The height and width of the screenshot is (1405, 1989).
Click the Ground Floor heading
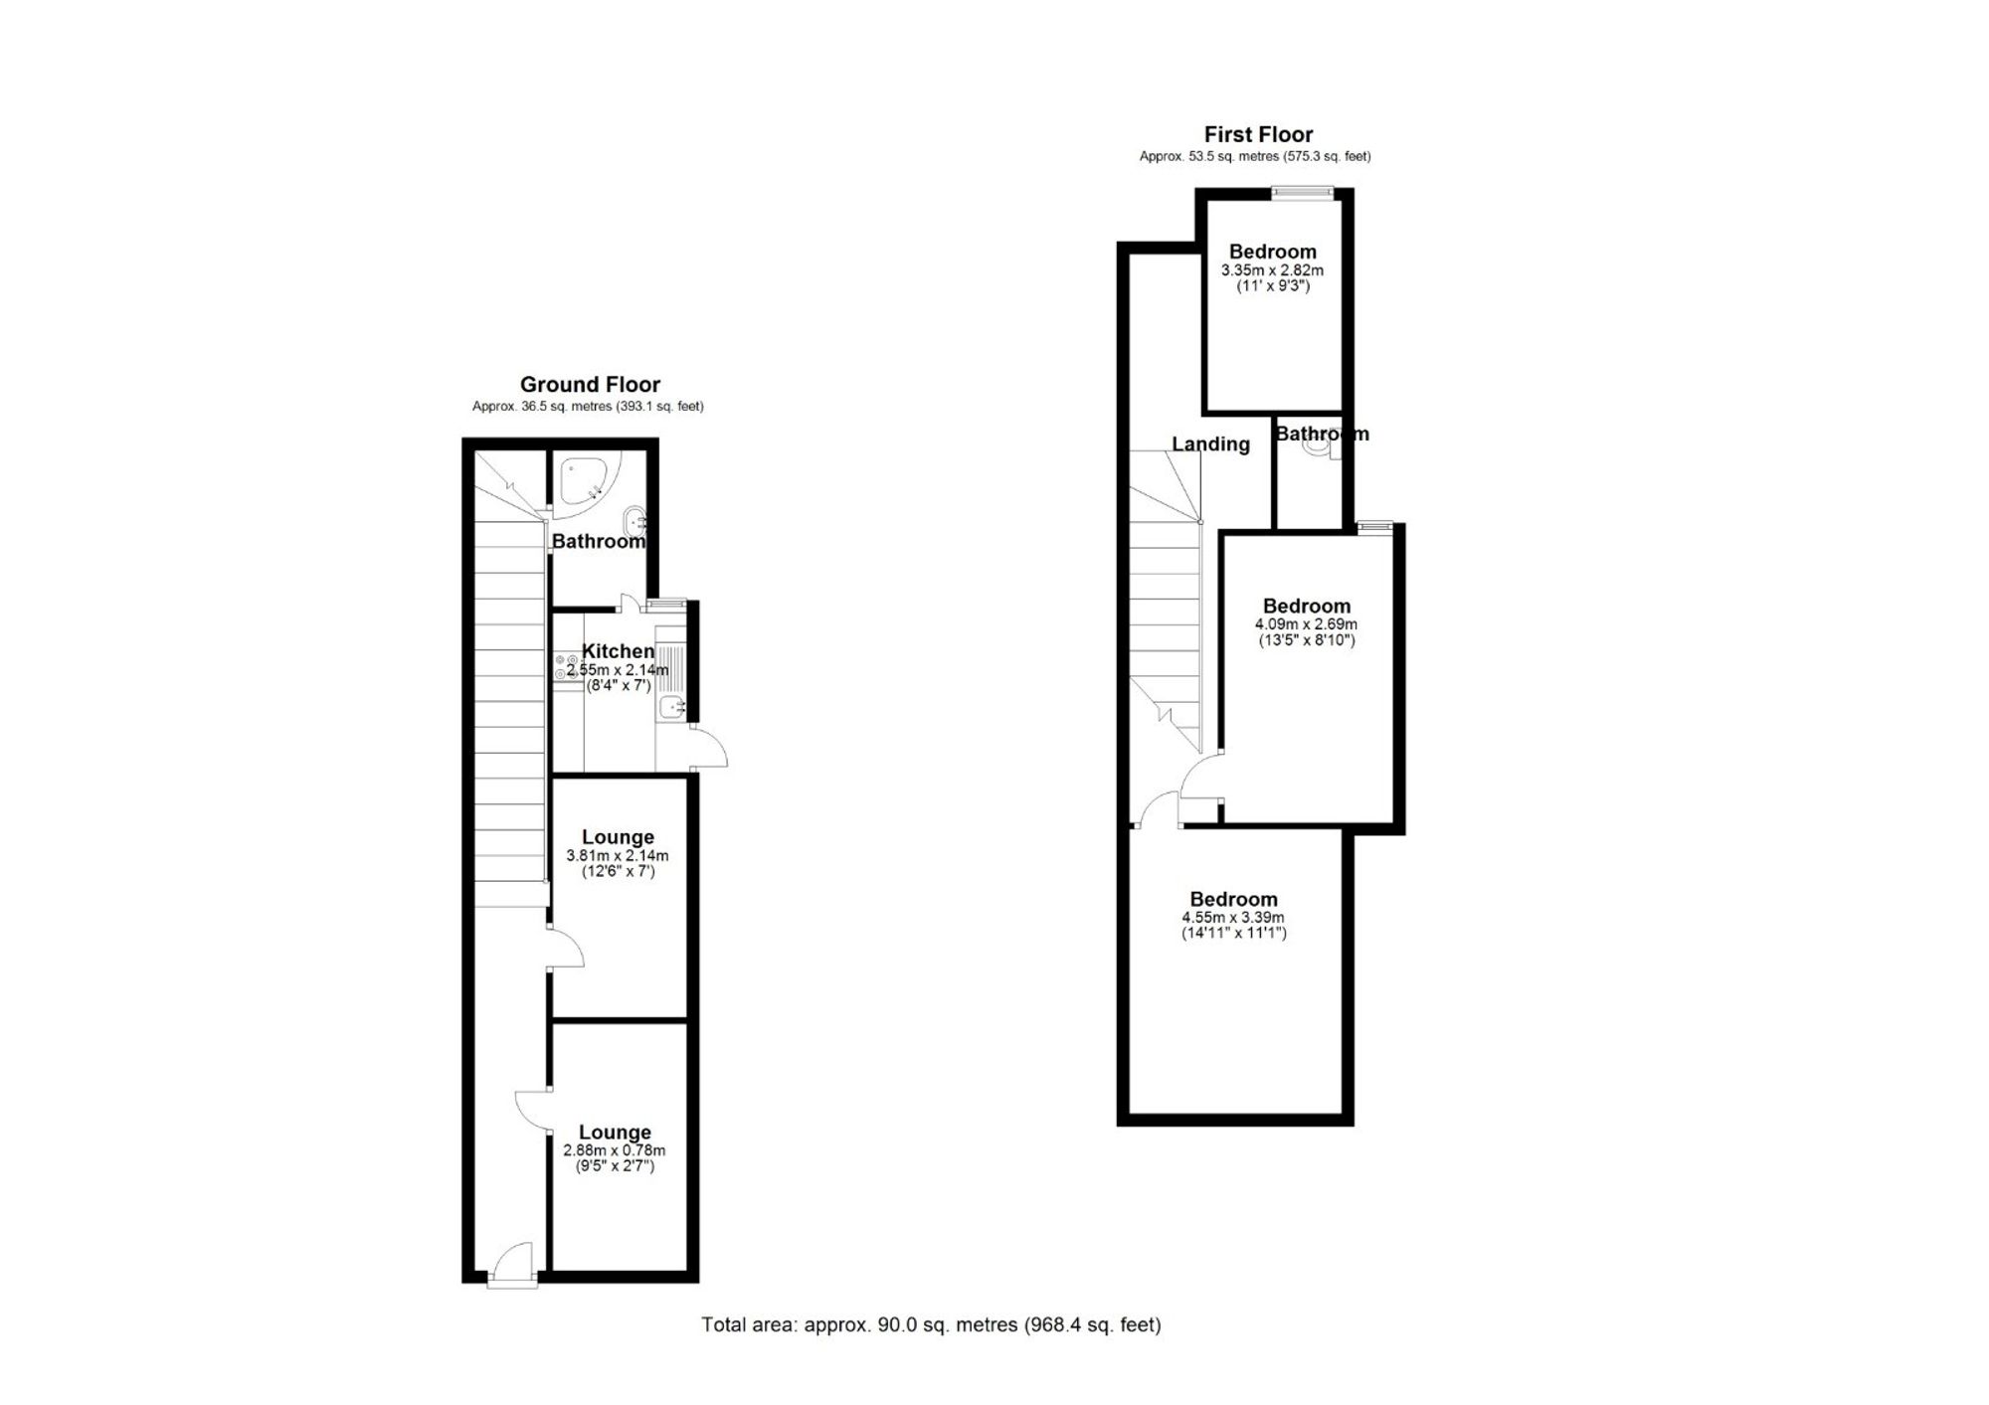(590, 385)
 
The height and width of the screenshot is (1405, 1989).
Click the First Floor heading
(1258, 134)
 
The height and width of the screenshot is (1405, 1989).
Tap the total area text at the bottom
(931, 1324)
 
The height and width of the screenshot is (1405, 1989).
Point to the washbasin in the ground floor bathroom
(633, 520)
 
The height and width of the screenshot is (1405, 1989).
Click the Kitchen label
(618, 651)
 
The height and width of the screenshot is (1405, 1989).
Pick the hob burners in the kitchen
(567, 667)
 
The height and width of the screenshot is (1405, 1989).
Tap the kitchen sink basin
(672, 708)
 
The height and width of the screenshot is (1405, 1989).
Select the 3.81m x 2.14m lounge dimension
(617, 855)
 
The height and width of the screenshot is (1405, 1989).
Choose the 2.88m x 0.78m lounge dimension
(615, 1150)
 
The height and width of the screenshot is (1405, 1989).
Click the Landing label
(1210, 444)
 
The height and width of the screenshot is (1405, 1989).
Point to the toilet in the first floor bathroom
(1319, 446)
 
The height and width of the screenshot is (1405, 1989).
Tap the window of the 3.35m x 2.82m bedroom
(1304, 192)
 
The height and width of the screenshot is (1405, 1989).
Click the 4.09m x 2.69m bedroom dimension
(1306, 624)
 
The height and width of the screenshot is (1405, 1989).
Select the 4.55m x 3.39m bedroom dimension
(1233, 918)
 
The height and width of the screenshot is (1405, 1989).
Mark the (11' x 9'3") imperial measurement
(1273, 286)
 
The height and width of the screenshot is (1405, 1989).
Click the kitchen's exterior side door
(710, 749)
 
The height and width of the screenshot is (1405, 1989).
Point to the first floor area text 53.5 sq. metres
(1255, 156)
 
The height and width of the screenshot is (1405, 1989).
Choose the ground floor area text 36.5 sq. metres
(588, 407)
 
